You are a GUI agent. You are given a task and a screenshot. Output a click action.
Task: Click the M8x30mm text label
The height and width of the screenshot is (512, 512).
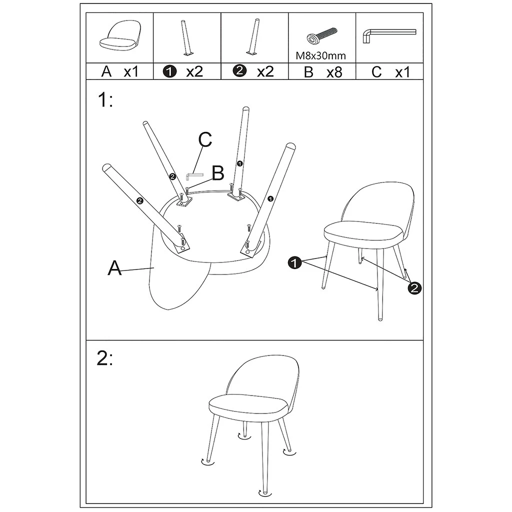pyautogui.click(x=321, y=56)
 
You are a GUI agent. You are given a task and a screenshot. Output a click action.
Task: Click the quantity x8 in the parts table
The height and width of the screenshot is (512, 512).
pyautogui.click(x=334, y=72)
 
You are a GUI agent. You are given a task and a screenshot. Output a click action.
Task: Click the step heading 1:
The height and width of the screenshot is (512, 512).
pyautogui.click(x=105, y=100)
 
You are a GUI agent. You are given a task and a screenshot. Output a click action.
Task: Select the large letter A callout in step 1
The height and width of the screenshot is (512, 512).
pyautogui.click(x=115, y=268)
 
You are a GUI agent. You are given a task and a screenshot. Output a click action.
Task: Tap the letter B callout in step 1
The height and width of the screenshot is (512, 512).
pyautogui.click(x=217, y=173)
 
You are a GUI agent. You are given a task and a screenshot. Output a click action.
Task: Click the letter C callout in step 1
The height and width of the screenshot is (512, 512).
pyautogui.click(x=205, y=140)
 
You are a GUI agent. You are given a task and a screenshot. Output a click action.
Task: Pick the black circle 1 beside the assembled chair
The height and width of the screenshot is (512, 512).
pyautogui.click(x=294, y=262)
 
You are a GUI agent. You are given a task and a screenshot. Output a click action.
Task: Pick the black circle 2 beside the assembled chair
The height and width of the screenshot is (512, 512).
pyautogui.click(x=414, y=287)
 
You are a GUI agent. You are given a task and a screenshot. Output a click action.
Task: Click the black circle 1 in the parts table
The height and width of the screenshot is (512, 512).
pyautogui.click(x=170, y=72)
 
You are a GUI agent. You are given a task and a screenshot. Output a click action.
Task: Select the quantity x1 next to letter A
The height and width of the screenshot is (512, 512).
pyautogui.click(x=130, y=72)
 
